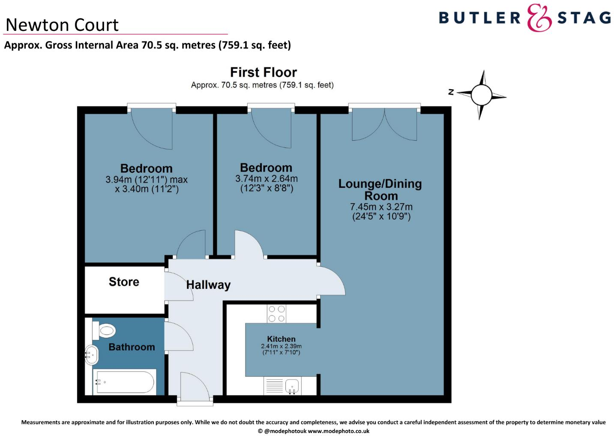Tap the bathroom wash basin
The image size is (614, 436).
(91, 355)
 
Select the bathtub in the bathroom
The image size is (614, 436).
(124, 382)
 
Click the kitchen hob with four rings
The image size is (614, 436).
(276, 313)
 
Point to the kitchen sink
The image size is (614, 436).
(292, 385)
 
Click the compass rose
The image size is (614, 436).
(482, 95)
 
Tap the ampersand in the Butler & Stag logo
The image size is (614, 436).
(539, 18)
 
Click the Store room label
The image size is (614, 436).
(124, 282)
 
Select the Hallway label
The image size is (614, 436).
(208, 285)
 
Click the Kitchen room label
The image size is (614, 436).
(281, 339)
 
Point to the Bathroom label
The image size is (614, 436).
(132, 347)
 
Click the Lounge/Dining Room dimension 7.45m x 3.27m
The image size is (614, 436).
(381, 207)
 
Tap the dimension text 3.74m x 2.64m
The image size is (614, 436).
(266, 178)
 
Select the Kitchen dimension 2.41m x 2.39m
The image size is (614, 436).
(281, 346)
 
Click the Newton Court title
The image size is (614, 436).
(62, 25)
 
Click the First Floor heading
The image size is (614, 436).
(263, 72)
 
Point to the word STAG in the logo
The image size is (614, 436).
(584, 18)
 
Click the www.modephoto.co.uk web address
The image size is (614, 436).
(338, 431)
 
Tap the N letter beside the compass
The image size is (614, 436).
(451, 92)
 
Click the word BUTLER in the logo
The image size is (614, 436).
(479, 18)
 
